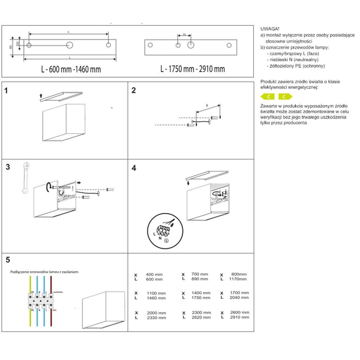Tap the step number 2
click(134, 91)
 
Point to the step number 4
click(134, 169)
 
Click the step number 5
click(7, 260)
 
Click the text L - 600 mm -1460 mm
click(71, 69)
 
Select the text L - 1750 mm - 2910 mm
click(193, 69)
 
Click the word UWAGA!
click(270, 29)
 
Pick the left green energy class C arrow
click(269, 96)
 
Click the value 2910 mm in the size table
click(238, 318)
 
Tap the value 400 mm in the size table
click(154, 274)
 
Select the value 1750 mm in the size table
click(201, 298)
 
